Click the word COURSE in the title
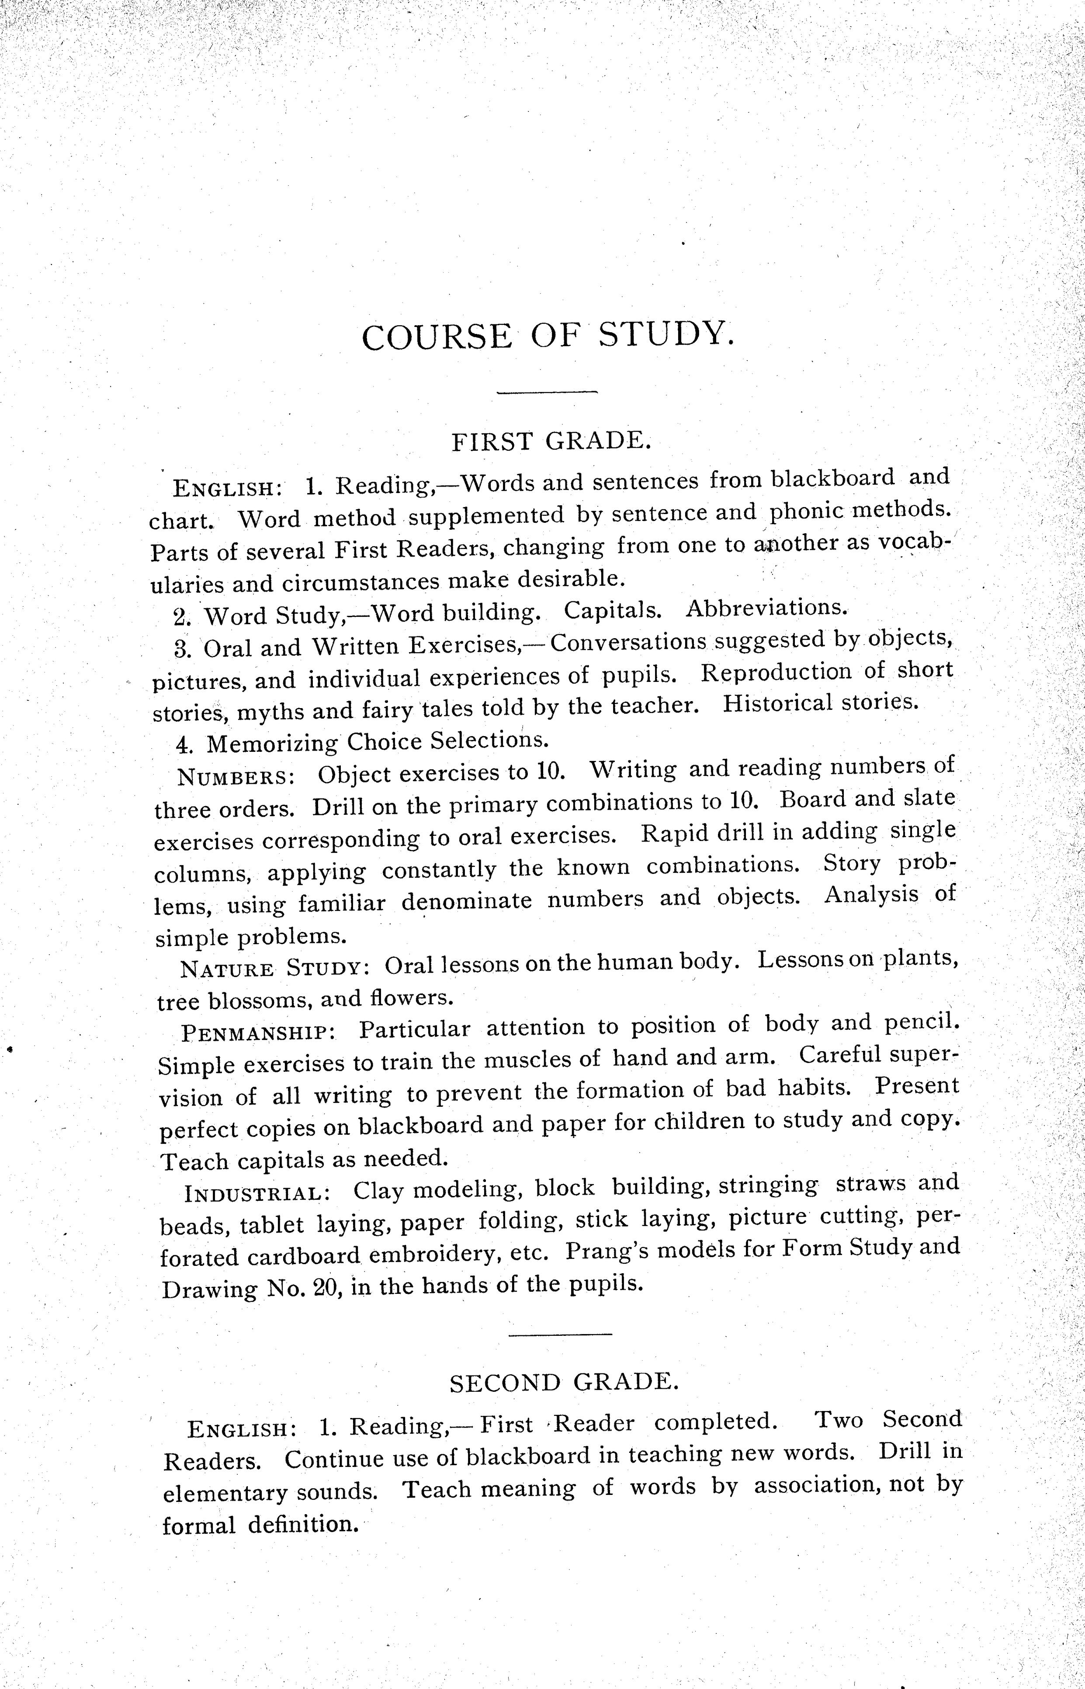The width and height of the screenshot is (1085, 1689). click(x=437, y=336)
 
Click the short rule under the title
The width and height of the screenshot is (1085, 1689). click(x=548, y=393)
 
